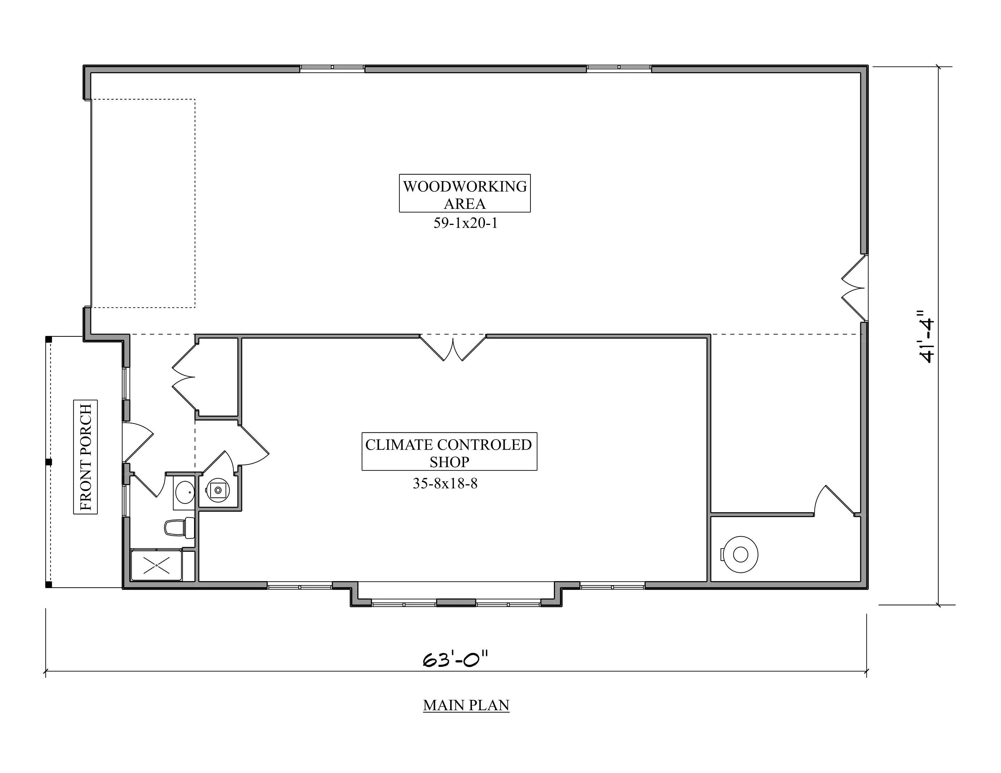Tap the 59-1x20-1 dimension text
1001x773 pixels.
465,223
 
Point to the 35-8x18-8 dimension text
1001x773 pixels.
445,483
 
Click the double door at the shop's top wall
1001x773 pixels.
453,348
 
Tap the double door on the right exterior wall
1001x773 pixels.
854,288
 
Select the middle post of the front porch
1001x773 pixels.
49,462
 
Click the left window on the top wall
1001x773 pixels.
332,68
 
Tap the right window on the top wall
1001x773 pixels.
619,68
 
